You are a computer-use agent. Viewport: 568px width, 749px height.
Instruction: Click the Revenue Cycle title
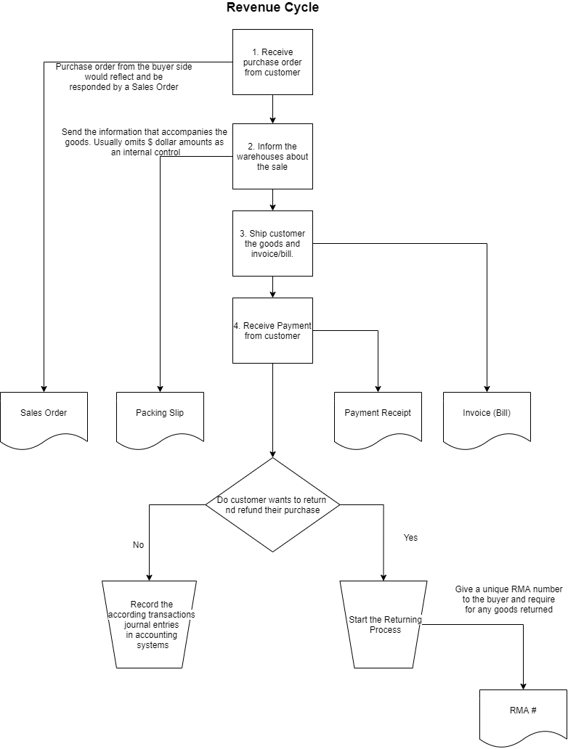click(272, 8)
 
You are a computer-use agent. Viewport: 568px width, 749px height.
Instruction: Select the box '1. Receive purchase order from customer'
click(272, 62)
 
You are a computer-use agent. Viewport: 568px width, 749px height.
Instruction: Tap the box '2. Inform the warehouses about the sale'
click(272, 156)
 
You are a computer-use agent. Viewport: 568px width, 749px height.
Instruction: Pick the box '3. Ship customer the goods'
click(272, 243)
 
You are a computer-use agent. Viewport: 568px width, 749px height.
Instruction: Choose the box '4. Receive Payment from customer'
click(272, 330)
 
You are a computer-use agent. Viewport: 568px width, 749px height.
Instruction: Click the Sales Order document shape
click(44, 414)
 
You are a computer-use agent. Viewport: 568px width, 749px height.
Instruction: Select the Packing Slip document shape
click(160, 414)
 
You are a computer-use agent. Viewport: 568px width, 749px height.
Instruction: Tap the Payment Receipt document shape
click(378, 414)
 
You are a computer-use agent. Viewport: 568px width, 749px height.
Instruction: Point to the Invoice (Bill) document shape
click(487, 414)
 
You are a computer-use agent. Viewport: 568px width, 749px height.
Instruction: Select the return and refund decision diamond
click(272, 504)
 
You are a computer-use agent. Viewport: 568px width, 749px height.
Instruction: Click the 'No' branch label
click(139, 545)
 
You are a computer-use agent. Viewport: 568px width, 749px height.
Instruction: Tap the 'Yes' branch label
click(410, 538)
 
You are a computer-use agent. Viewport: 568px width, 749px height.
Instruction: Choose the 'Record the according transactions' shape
click(150, 624)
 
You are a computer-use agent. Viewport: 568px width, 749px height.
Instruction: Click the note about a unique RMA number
click(508, 599)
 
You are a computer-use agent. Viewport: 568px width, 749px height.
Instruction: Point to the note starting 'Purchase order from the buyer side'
click(123, 76)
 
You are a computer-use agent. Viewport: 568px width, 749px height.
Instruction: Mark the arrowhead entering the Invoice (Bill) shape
click(487, 388)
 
